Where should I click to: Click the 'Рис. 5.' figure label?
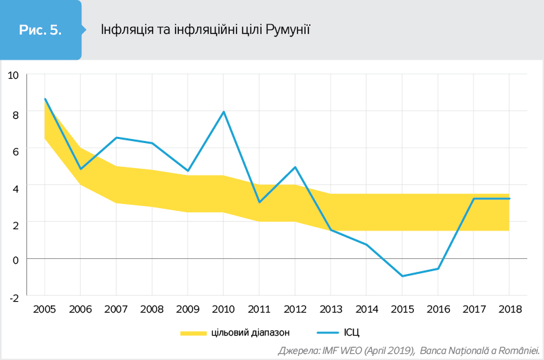[41, 30]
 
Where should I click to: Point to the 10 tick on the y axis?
[13, 75]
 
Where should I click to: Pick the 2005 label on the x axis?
[45, 308]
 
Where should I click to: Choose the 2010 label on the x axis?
[224, 308]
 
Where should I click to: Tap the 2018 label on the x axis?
[510, 308]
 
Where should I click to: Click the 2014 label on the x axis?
[367, 308]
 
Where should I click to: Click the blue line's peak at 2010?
[224, 112]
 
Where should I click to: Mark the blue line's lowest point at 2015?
[402, 276]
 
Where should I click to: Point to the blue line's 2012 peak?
[295, 167]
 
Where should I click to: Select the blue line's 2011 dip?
[259, 202]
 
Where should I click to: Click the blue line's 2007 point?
[117, 138]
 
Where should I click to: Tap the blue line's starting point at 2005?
[45, 99]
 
